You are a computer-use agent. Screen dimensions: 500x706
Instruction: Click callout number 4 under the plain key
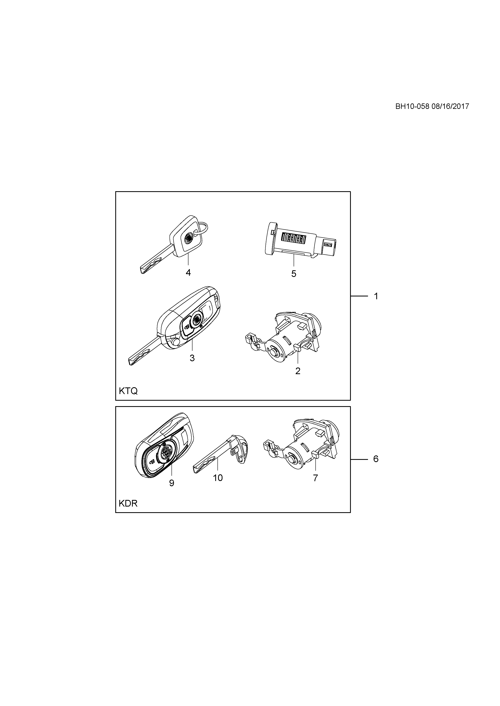tap(188, 273)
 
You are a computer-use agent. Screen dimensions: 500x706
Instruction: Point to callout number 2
tap(298, 371)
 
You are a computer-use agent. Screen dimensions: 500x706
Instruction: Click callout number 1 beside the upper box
tap(376, 296)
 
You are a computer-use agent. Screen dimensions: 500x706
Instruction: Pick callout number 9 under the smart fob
tap(172, 483)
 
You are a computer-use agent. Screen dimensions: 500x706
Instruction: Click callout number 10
tap(218, 478)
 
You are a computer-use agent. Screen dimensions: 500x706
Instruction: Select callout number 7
tap(315, 478)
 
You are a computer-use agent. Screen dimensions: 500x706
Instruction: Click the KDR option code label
tap(128, 504)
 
